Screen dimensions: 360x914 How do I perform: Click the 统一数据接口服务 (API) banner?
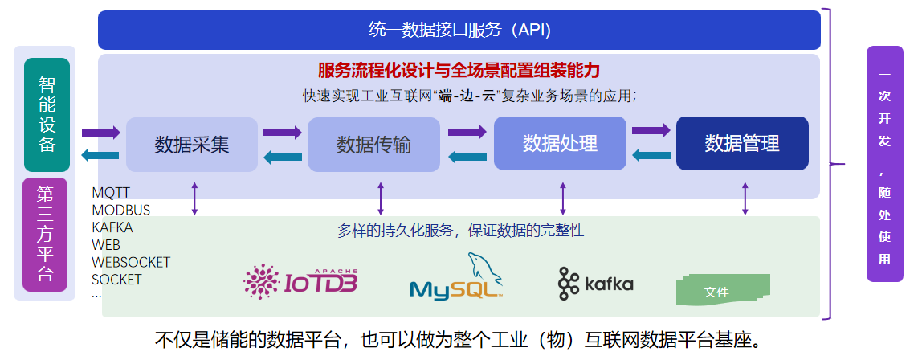(459, 31)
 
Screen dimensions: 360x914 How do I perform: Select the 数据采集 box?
(192, 145)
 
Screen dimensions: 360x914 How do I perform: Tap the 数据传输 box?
(373, 145)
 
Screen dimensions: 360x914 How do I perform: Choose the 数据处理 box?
(560, 144)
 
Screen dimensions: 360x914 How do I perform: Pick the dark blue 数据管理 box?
(742, 144)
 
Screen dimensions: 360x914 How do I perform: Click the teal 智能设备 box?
(47, 115)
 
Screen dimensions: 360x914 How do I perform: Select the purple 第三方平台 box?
(47, 233)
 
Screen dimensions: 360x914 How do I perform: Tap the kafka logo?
(595, 284)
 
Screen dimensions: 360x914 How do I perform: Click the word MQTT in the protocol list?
(111, 193)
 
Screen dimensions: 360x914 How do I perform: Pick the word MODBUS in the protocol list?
(121, 211)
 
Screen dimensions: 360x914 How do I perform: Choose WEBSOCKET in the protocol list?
(131, 263)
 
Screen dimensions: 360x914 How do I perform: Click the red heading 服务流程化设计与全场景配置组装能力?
(459, 70)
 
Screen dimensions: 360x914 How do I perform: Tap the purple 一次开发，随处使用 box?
(884, 164)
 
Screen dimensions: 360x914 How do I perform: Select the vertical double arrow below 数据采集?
(194, 198)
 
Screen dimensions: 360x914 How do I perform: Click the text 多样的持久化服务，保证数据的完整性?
(460, 231)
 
